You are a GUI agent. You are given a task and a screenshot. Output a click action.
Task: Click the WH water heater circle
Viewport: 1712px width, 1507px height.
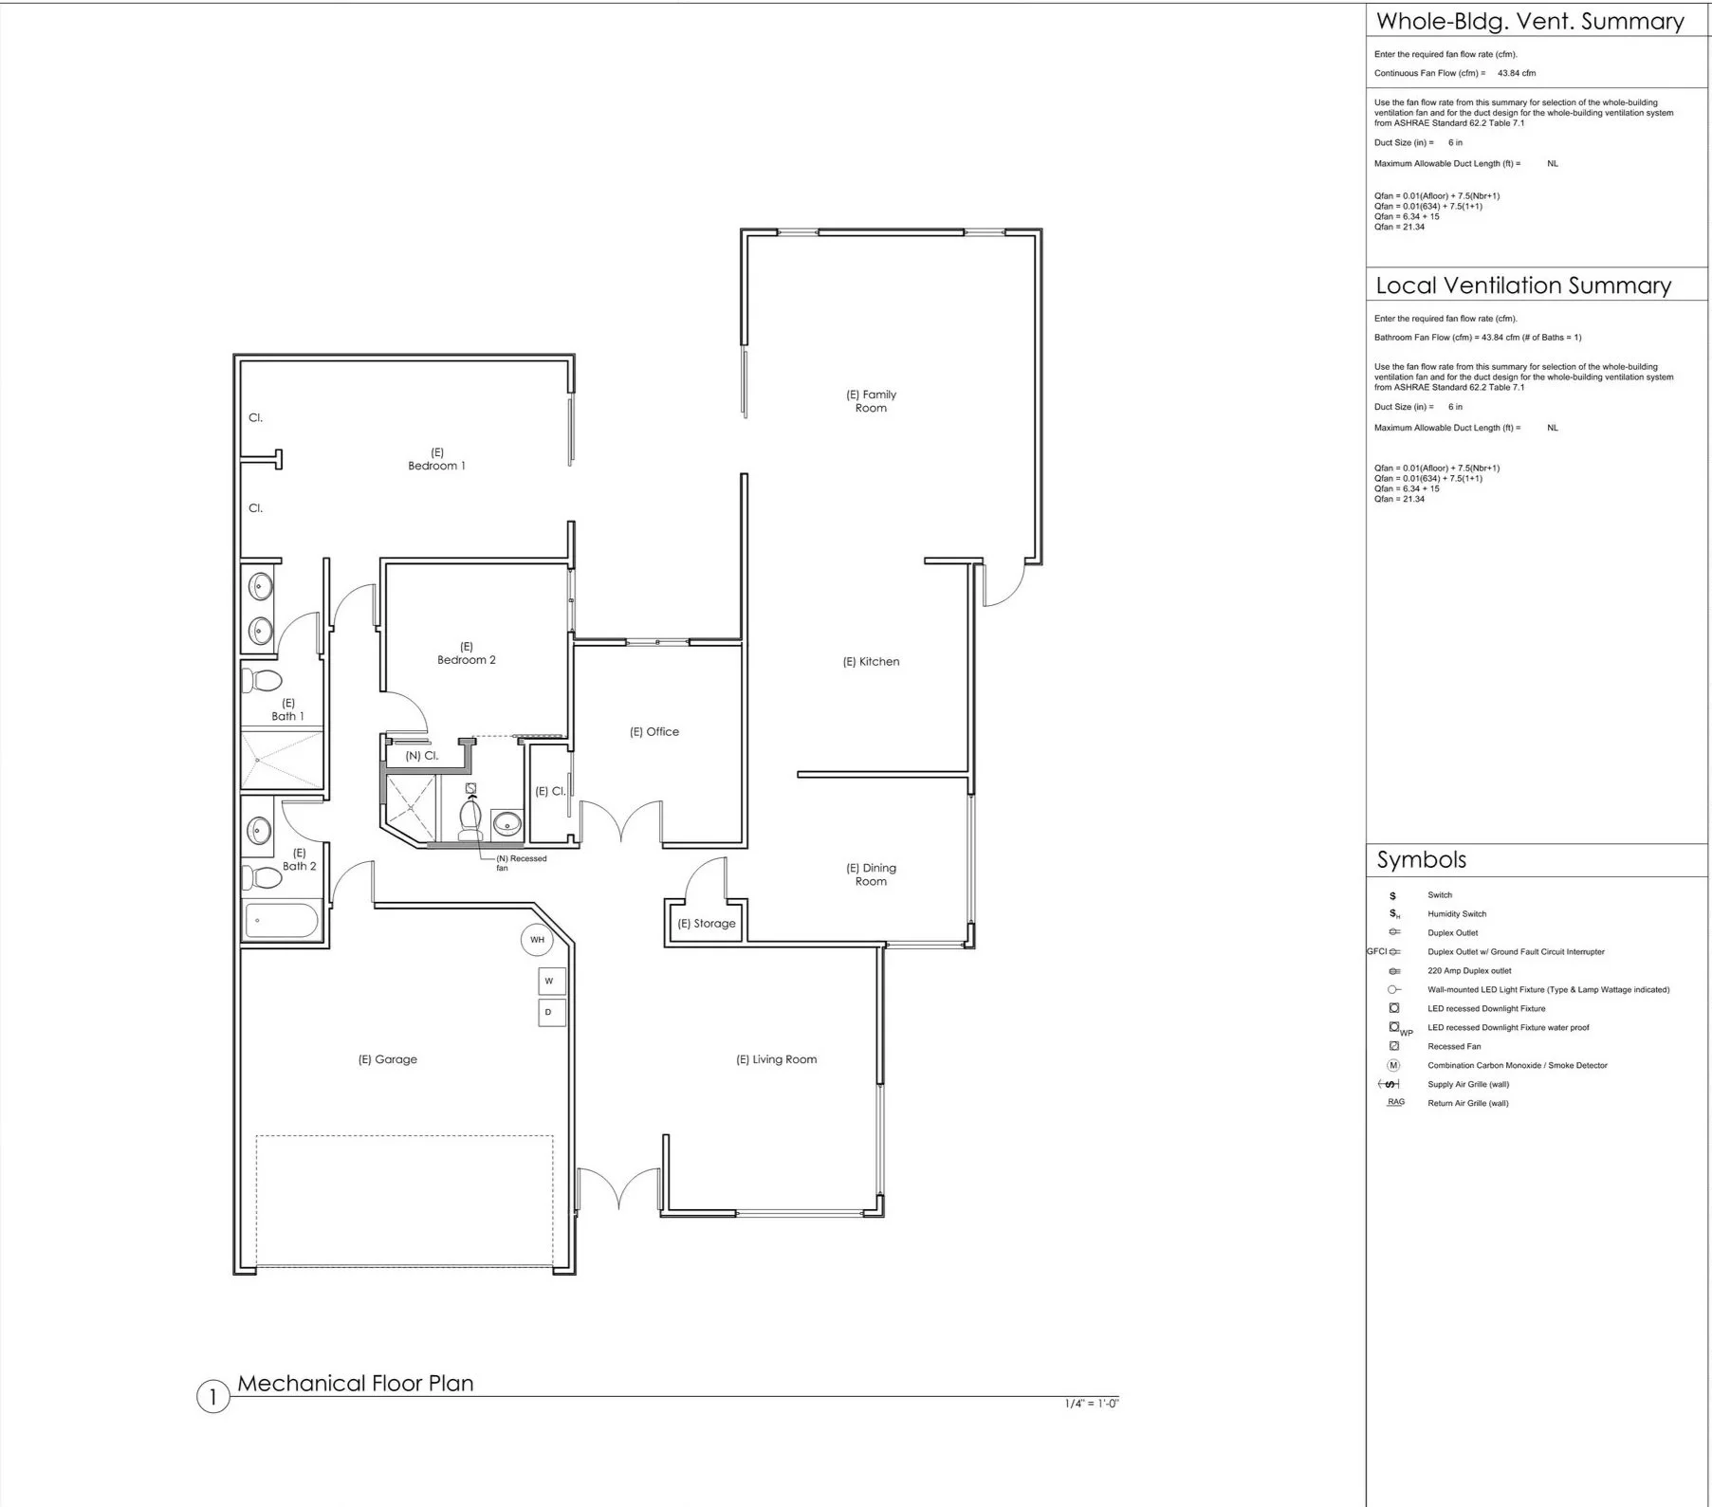tap(538, 940)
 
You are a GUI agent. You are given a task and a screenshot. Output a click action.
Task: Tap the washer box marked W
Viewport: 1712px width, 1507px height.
tap(549, 981)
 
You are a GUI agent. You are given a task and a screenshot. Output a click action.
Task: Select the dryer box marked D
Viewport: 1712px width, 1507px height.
tap(549, 1013)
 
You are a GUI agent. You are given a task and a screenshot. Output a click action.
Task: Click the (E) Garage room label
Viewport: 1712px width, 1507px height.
tap(387, 1059)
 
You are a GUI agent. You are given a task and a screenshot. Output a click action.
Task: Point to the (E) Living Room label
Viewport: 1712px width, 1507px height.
tap(776, 1059)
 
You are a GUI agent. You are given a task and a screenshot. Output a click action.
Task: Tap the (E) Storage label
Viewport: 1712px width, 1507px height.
tap(707, 924)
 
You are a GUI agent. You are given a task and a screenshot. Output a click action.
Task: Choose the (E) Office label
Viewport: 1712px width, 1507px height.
tap(654, 732)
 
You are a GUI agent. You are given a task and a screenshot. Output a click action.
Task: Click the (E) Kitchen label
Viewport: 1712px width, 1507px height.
tap(871, 662)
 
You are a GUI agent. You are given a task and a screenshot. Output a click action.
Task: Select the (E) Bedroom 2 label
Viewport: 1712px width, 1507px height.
tap(467, 653)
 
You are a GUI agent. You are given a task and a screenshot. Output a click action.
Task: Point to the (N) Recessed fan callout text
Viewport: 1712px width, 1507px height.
tap(522, 863)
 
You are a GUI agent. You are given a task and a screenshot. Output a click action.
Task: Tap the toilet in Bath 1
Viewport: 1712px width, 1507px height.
tap(263, 681)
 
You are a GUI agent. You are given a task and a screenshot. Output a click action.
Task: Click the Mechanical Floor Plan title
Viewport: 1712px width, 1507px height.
tap(356, 1383)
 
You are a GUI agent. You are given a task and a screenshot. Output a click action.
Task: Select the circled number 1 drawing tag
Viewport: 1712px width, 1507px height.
tap(213, 1397)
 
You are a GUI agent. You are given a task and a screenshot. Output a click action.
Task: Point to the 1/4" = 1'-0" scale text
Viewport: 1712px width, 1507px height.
tap(1092, 1404)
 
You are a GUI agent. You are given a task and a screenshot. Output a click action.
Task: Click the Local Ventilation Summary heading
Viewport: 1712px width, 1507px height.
tap(1523, 285)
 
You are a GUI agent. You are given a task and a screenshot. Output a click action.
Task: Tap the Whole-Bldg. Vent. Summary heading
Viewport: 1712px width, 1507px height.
tap(1530, 21)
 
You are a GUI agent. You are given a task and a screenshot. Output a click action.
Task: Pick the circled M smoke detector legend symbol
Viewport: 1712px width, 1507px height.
tap(1393, 1065)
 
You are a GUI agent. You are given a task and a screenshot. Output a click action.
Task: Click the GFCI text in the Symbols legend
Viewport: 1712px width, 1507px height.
tap(1376, 951)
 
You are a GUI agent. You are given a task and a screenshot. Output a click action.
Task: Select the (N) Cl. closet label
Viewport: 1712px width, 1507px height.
tap(421, 756)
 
